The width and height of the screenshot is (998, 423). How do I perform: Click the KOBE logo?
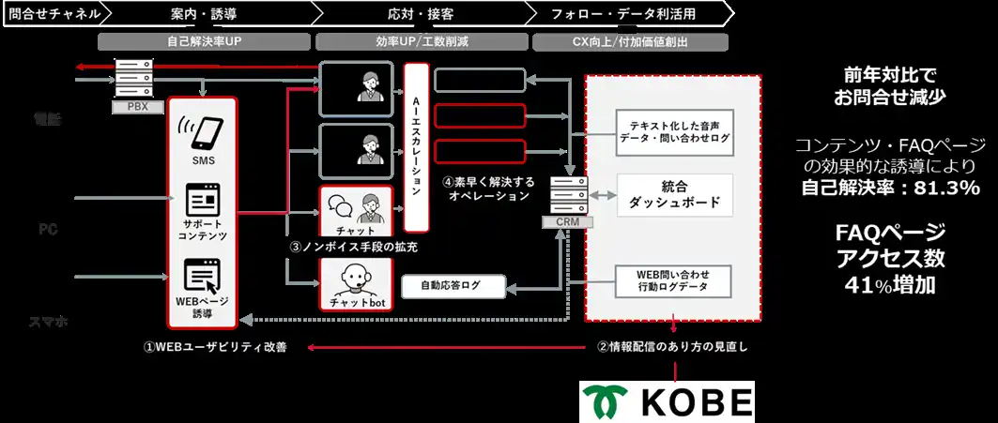(x=667, y=401)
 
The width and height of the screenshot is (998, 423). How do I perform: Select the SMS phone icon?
(x=203, y=133)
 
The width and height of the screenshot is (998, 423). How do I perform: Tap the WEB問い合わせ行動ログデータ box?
(x=671, y=279)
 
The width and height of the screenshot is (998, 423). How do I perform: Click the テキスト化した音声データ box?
(x=672, y=129)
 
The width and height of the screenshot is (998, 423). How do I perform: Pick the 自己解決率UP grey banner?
(x=204, y=41)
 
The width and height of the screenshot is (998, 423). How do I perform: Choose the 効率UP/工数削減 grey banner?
(x=419, y=41)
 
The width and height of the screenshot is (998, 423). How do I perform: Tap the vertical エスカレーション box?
(x=415, y=147)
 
